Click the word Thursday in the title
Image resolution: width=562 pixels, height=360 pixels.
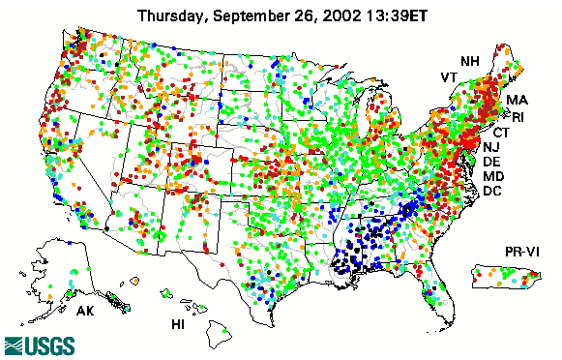[173, 15]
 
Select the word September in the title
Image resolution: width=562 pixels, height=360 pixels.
[256, 15]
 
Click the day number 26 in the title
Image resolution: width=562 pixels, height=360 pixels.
[306, 15]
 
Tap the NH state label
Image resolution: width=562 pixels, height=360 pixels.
[469, 61]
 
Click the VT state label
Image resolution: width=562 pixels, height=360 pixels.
[449, 76]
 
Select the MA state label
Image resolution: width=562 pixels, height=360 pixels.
[517, 100]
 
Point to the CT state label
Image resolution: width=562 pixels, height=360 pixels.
[501, 132]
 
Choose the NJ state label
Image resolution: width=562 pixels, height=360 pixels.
[491, 146]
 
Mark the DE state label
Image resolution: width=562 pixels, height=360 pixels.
[491, 162]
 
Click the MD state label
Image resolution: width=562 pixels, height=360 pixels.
[493, 176]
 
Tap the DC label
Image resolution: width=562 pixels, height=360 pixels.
[492, 191]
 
